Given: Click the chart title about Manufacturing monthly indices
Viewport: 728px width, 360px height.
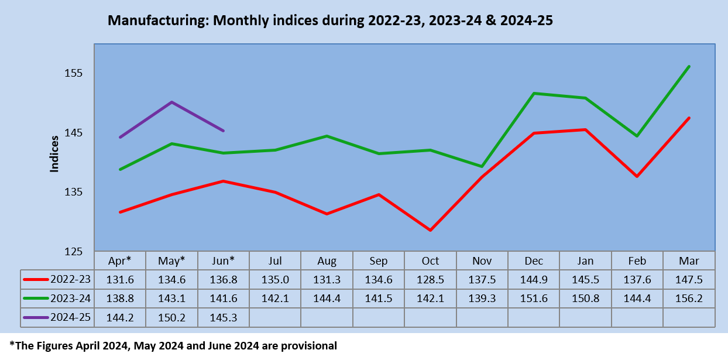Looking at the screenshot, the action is click(330, 20).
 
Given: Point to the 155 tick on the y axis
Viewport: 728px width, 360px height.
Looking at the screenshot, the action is click(74, 73).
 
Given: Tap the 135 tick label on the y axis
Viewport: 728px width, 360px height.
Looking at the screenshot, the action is click(74, 192).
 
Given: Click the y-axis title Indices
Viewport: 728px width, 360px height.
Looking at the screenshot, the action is click(54, 154).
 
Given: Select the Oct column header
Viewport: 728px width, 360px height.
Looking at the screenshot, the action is click(430, 261).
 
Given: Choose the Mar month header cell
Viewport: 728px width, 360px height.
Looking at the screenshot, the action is click(689, 261).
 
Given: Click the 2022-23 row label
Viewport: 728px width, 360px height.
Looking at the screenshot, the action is click(71, 279).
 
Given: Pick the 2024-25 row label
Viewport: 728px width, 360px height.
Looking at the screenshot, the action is click(71, 317).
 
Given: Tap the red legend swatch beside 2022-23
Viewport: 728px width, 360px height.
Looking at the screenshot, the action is click(36, 279).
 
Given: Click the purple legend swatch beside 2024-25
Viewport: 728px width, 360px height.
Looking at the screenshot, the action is click(36, 317).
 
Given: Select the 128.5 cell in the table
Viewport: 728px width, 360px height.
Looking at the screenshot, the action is click(430, 280).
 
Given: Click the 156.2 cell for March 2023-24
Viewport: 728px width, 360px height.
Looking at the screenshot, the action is click(689, 299).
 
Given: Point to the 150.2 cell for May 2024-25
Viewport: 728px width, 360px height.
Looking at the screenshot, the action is click(171, 317).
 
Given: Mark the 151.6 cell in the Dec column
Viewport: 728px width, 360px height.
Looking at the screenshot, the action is click(534, 299).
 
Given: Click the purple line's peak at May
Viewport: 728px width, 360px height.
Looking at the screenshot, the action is click(171, 102).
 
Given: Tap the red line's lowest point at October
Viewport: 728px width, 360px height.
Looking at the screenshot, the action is click(430, 230).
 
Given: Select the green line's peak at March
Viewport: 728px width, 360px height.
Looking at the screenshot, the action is click(689, 67).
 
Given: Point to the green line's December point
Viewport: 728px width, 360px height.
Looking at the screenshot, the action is click(534, 94).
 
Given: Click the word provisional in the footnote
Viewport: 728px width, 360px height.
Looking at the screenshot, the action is click(309, 346).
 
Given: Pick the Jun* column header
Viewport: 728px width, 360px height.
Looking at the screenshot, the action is click(224, 261).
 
